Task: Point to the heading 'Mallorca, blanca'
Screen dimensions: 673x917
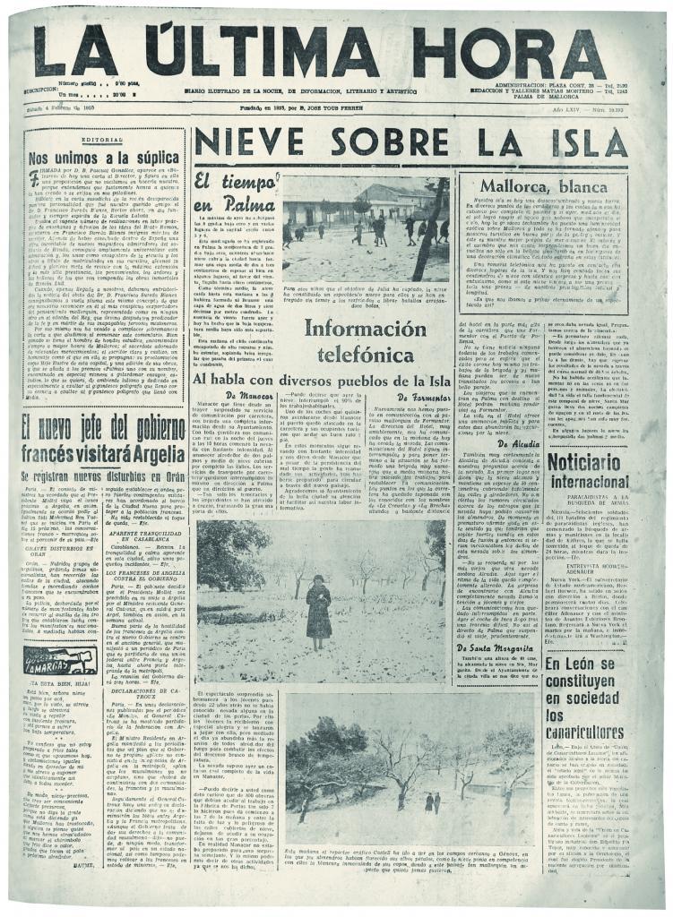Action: coord(540,190)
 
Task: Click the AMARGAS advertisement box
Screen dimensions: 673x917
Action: coord(61,661)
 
